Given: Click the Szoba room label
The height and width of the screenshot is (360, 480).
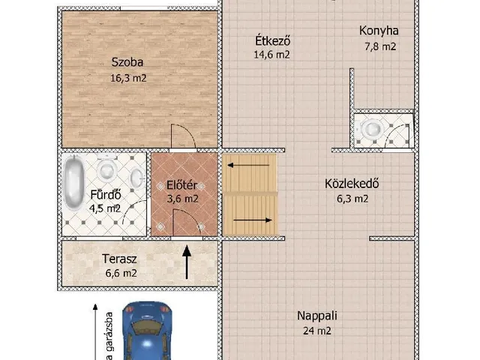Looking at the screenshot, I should pyautogui.click(x=127, y=62).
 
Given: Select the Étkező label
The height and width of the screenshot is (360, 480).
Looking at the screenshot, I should pyautogui.click(x=271, y=41).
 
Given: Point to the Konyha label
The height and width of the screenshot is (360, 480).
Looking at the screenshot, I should pyautogui.click(x=379, y=31).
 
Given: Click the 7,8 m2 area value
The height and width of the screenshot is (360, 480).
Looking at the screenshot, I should pyautogui.click(x=379, y=46).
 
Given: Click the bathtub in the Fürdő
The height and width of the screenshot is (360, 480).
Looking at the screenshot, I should pyautogui.click(x=73, y=184).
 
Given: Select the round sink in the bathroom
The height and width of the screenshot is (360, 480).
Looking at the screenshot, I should pyautogui.click(x=137, y=178).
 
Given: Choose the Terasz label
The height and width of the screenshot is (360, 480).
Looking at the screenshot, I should pyautogui.click(x=119, y=259).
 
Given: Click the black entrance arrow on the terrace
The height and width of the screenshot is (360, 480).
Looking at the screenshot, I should pyautogui.click(x=187, y=265).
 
